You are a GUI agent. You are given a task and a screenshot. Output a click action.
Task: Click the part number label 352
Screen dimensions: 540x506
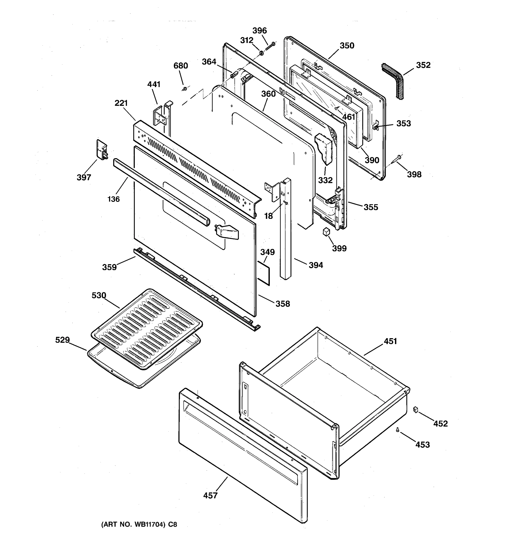coord(423,65)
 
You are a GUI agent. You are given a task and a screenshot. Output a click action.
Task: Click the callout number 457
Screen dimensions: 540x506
coord(210,496)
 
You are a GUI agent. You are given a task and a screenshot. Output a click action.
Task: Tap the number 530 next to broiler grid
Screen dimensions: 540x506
coord(99,295)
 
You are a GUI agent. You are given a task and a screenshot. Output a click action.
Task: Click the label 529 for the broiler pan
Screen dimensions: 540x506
coord(63,340)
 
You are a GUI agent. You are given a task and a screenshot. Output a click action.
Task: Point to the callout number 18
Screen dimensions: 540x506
coord(268,216)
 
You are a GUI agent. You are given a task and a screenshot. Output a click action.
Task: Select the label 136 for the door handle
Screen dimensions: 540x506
coord(114,199)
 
